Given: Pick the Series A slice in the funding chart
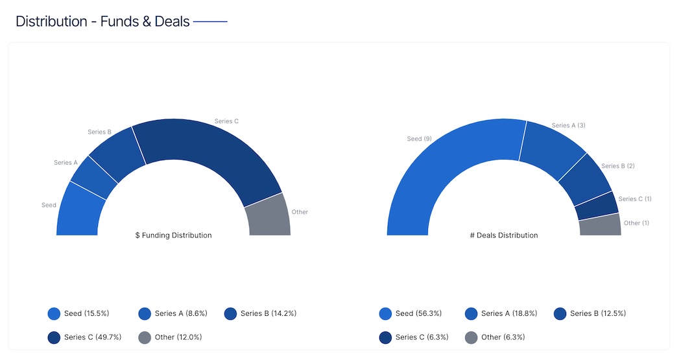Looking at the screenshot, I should point(93,178).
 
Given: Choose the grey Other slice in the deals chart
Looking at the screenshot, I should point(601,224).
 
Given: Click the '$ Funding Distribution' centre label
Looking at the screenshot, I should point(173,235).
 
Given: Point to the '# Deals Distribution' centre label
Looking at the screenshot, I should point(504,235).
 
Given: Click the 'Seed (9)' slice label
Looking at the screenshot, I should point(419,139).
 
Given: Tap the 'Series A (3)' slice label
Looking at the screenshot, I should point(568,125).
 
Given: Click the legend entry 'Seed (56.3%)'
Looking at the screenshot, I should point(418,314).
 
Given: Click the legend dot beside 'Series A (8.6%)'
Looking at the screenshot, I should point(145,314).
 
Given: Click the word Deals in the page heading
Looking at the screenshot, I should point(172,21).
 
